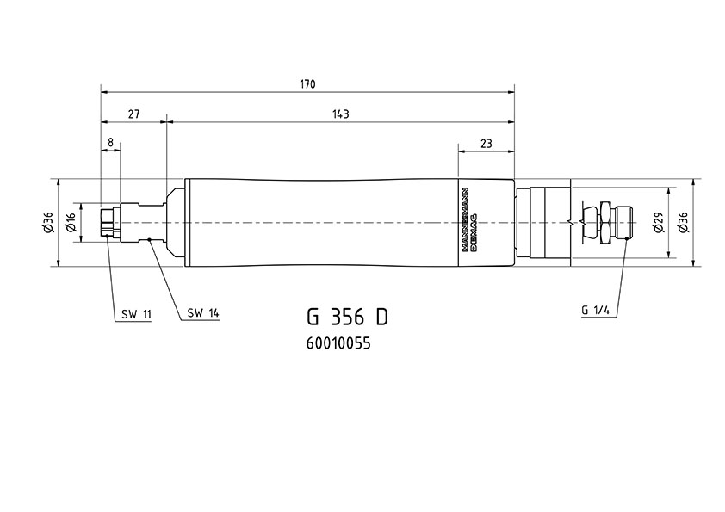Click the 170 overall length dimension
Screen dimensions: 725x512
tap(307, 84)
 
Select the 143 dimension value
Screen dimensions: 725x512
tap(341, 114)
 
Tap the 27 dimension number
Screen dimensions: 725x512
tap(133, 114)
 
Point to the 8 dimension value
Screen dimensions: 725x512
tap(110, 142)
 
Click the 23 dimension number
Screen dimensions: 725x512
tap(486, 144)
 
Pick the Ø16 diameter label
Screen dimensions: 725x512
tap(71, 222)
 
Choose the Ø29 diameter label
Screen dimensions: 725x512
tap(659, 222)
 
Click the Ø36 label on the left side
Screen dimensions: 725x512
tap(49, 222)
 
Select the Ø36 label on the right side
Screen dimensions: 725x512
tap(684, 222)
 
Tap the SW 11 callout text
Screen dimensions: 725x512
tap(136, 315)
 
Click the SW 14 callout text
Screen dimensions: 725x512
tap(202, 313)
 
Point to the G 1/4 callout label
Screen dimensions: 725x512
tap(596, 310)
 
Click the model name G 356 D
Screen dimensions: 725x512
tap(347, 317)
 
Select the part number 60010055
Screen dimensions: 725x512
tap(338, 344)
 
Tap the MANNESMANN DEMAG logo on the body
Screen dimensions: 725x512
tap(470, 219)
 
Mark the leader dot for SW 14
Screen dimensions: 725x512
tap(149, 239)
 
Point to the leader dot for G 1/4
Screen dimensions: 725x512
tap(627, 238)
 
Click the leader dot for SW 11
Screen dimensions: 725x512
tap(107, 236)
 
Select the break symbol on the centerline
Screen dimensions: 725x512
tap(572, 222)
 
